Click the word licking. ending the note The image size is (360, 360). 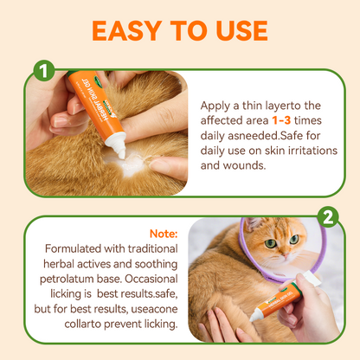(151, 326)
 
